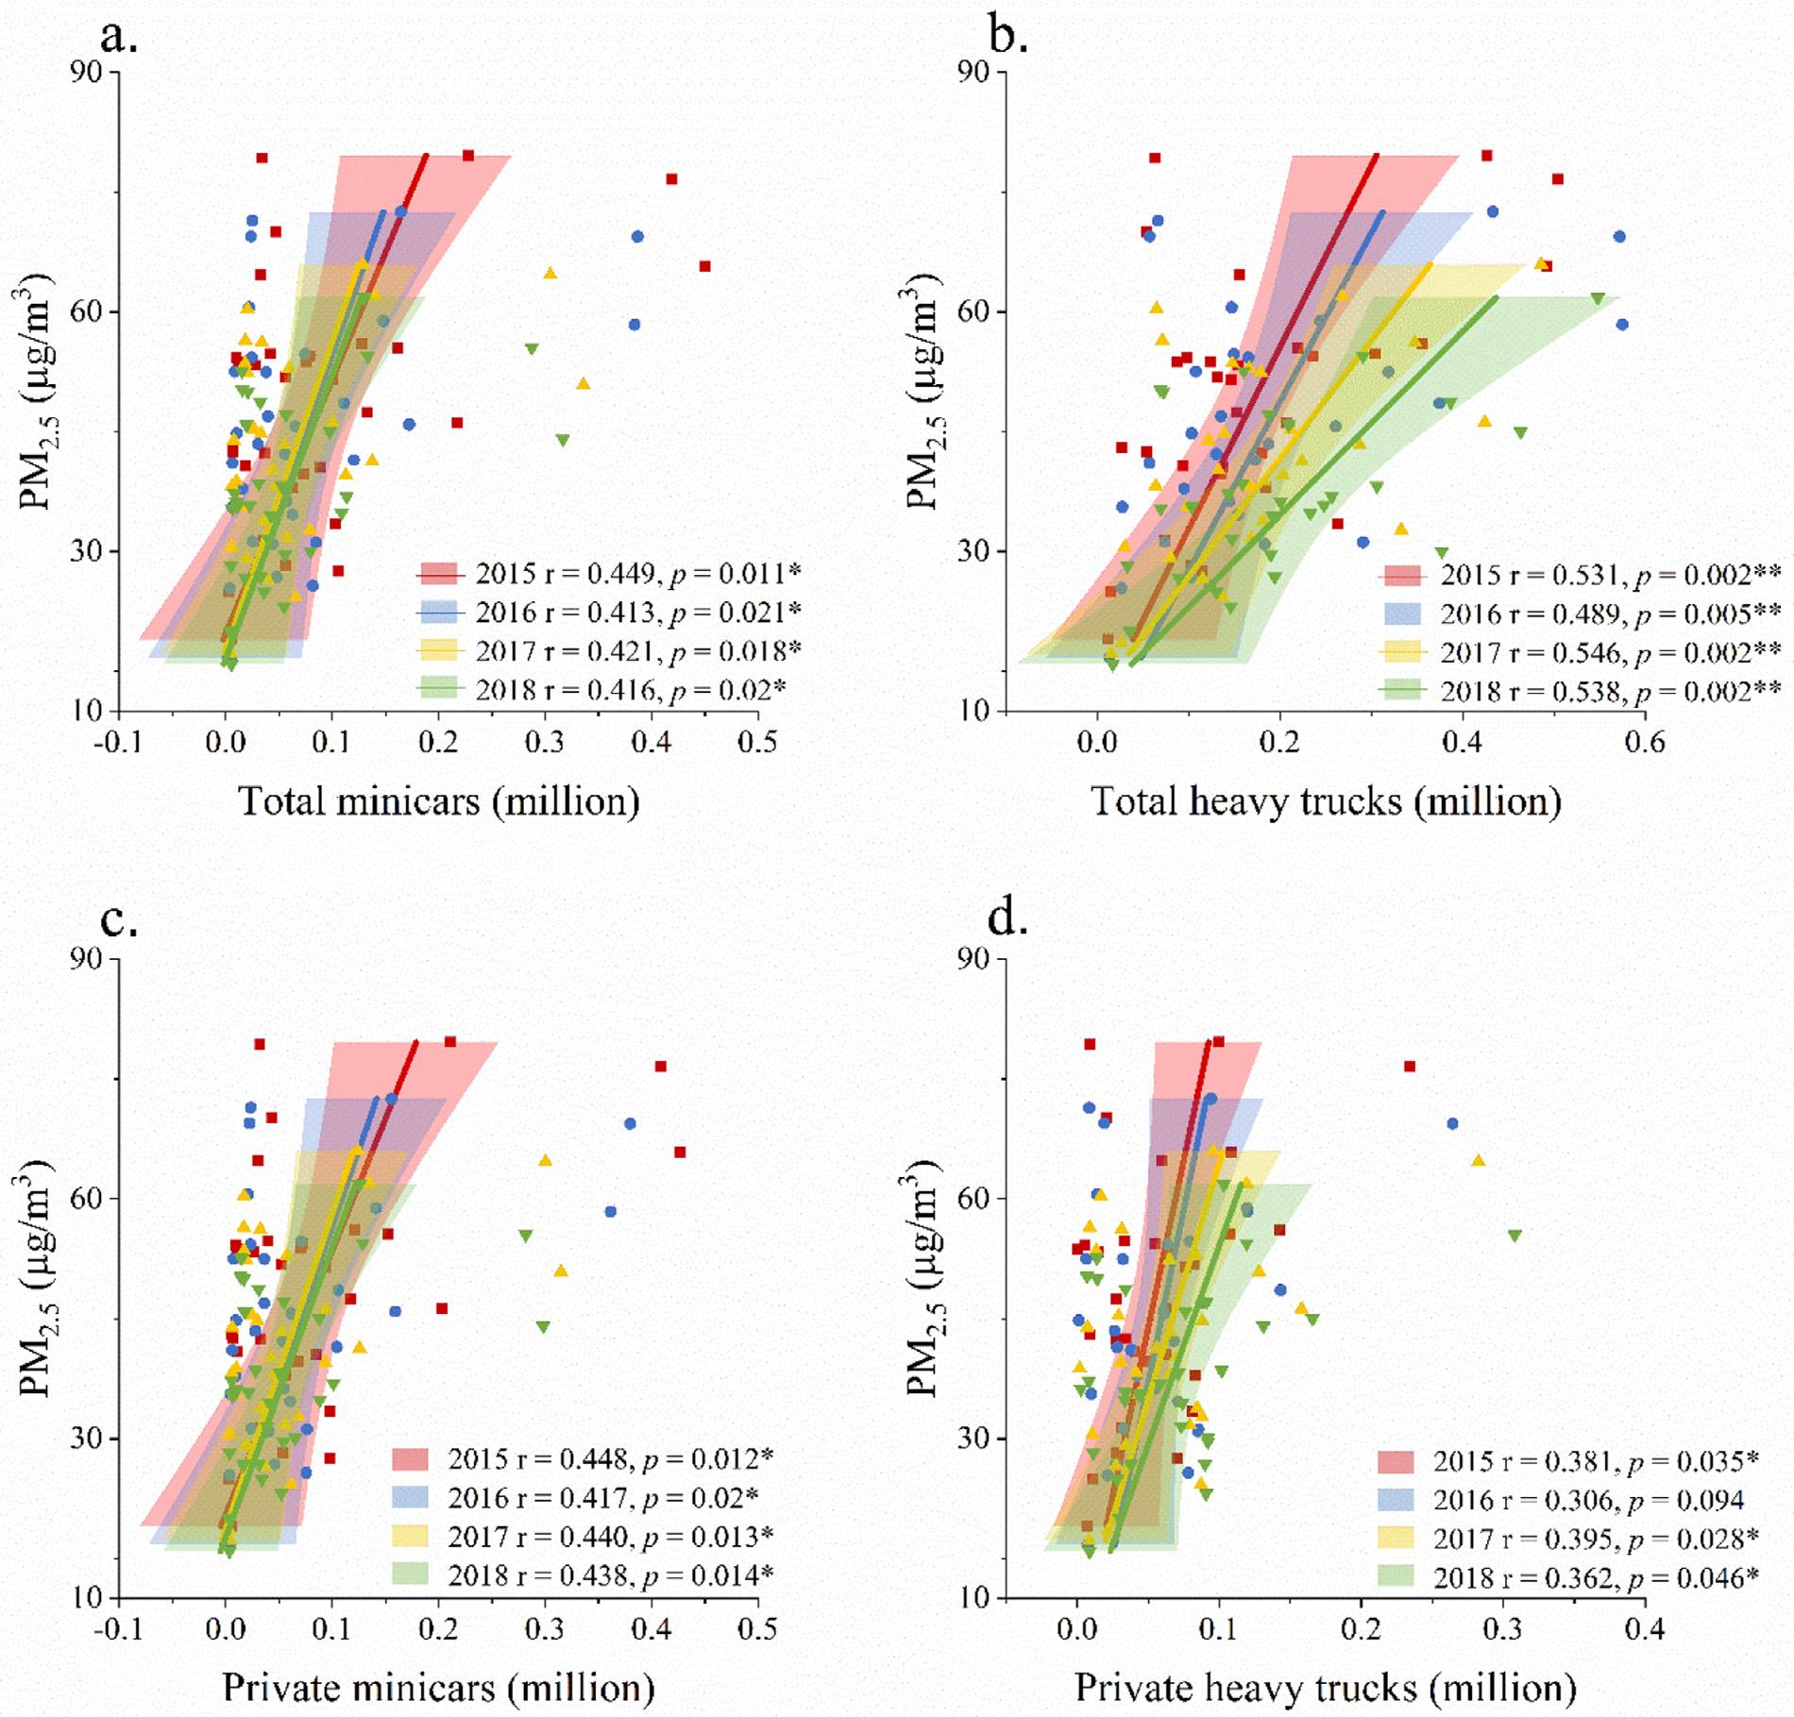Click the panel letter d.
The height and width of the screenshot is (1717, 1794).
(1008, 918)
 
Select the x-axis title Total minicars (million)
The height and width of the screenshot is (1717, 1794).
(439, 801)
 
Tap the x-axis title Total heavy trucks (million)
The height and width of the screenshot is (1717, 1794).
(1326, 801)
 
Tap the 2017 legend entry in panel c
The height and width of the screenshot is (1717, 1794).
(582, 1537)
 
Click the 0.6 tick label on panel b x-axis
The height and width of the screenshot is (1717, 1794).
(1644, 743)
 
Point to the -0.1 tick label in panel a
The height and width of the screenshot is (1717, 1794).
(119, 743)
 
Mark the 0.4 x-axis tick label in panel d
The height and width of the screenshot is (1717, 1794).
(1645, 1627)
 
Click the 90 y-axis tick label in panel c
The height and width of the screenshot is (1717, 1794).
(92, 959)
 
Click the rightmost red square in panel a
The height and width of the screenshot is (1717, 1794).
(704, 266)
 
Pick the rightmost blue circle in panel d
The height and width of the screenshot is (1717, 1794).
(1452, 1123)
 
